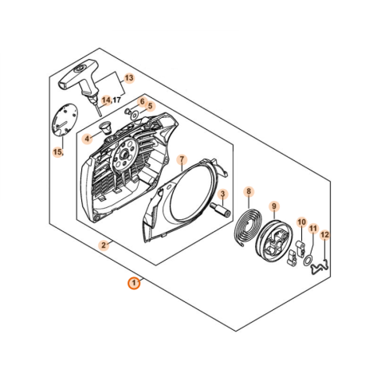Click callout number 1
(x=134, y=282)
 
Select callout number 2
(x=103, y=245)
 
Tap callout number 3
(x=223, y=194)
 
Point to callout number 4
(x=88, y=137)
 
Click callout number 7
(x=182, y=159)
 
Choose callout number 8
(x=249, y=191)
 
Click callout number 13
(x=128, y=79)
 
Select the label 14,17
(x=111, y=100)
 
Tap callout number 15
(x=57, y=151)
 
